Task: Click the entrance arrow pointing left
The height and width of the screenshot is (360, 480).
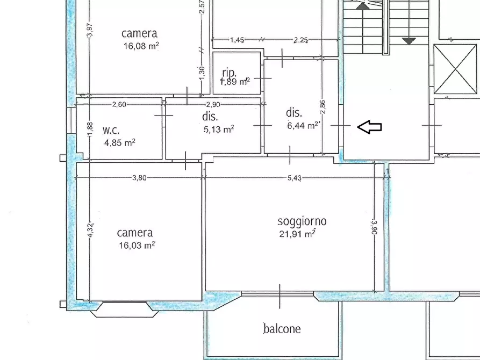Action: click(369, 127)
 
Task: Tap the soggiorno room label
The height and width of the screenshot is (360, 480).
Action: click(302, 221)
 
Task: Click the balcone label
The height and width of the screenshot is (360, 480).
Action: click(282, 329)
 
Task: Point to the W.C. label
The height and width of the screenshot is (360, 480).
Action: click(111, 130)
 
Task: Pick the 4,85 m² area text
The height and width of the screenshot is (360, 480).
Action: click(119, 142)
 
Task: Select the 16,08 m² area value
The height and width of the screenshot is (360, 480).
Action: click(141, 46)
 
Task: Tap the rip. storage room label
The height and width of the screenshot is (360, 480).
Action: click(230, 73)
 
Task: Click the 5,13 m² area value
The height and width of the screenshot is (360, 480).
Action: click(219, 129)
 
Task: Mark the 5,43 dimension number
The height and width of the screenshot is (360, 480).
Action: click(294, 178)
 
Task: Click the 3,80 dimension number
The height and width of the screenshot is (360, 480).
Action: click(139, 178)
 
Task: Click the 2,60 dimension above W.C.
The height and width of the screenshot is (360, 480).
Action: click(119, 104)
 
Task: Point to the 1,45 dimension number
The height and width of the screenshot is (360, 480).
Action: click(237, 40)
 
